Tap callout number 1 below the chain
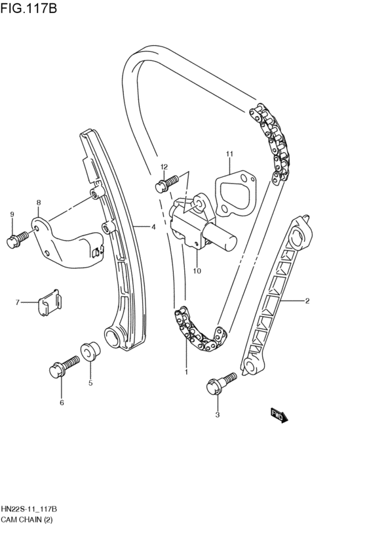(x=186, y=372)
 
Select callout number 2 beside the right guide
(x=306, y=302)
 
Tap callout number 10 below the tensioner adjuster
(x=197, y=269)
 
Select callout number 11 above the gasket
(x=230, y=155)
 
